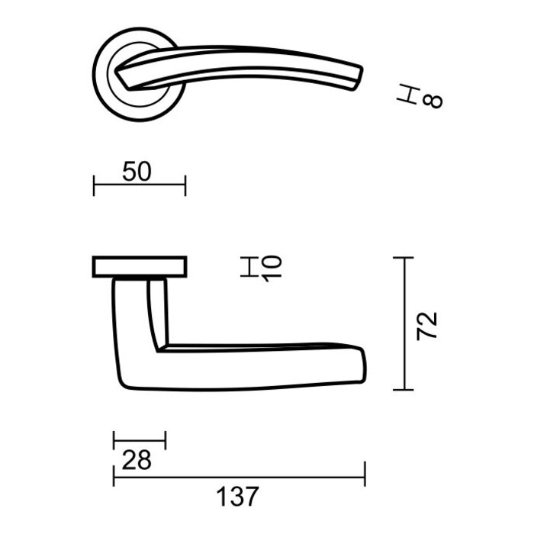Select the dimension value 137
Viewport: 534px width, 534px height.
pyautogui.click(x=238, y=497)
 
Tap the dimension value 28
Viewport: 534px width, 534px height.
pyautogui.click(x=137, y=460)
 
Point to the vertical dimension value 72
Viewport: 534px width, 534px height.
pyautogui.click(x=429, y=324)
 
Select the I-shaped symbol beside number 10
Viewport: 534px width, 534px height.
pyautogui.click(x=249, y=267)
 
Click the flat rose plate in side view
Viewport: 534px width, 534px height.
pyautogui.click(x=140, y=266)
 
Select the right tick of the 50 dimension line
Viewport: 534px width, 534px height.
pyautogui.click(x=185, y=184)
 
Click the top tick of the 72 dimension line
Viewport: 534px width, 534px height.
pyautogui.click(x=404, y=259)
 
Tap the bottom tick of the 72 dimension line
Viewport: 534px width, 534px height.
pyautogui.click(x=404, y=389)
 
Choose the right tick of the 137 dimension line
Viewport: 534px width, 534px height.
pyautogui.click(x=365, y=474)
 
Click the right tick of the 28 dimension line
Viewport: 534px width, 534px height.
pyautogui.click(x=166, y=440)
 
